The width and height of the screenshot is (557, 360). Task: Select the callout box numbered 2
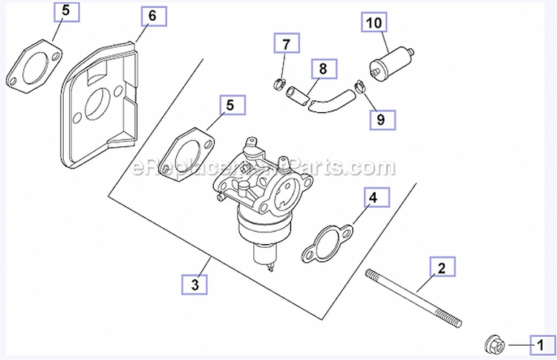(x=441, y=268)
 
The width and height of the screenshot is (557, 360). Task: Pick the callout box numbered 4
(x=374, y=198)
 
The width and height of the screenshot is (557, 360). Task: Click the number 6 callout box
(x=152, y=16)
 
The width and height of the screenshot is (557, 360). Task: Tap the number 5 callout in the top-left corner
(x=66, y=13)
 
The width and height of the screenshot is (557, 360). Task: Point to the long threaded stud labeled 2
(x=413, y=298)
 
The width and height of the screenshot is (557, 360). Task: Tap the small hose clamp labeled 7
(x=278, y=82)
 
